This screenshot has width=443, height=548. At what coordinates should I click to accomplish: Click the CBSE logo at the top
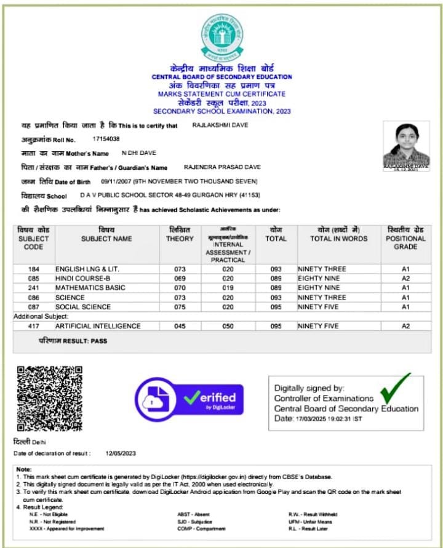[x=221, y=36]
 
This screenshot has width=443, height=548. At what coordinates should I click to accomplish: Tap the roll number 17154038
[x=106, y=140]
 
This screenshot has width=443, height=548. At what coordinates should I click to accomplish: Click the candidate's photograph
[x=406, y=145]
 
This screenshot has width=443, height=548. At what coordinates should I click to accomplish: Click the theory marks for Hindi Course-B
[x=180, y=279]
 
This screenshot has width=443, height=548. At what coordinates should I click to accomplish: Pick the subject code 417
[x=34, y=326]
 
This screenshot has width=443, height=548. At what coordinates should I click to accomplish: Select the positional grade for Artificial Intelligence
[x=405, y=326]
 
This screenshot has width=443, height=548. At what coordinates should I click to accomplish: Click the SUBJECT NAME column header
[x=106, y=239]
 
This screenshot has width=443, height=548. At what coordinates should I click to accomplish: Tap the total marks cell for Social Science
[x=276, y=307]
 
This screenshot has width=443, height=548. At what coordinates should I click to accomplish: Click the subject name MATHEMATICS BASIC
[x=90, y=288]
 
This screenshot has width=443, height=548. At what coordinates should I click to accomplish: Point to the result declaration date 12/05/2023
[x=121, y=453]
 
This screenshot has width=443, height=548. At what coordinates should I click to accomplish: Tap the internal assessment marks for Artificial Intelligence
[x=228, y=326]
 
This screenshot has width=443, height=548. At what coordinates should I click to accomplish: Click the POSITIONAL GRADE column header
[x=405, y=239]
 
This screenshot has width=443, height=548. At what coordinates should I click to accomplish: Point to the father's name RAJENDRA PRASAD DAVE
[x=222, y=167]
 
